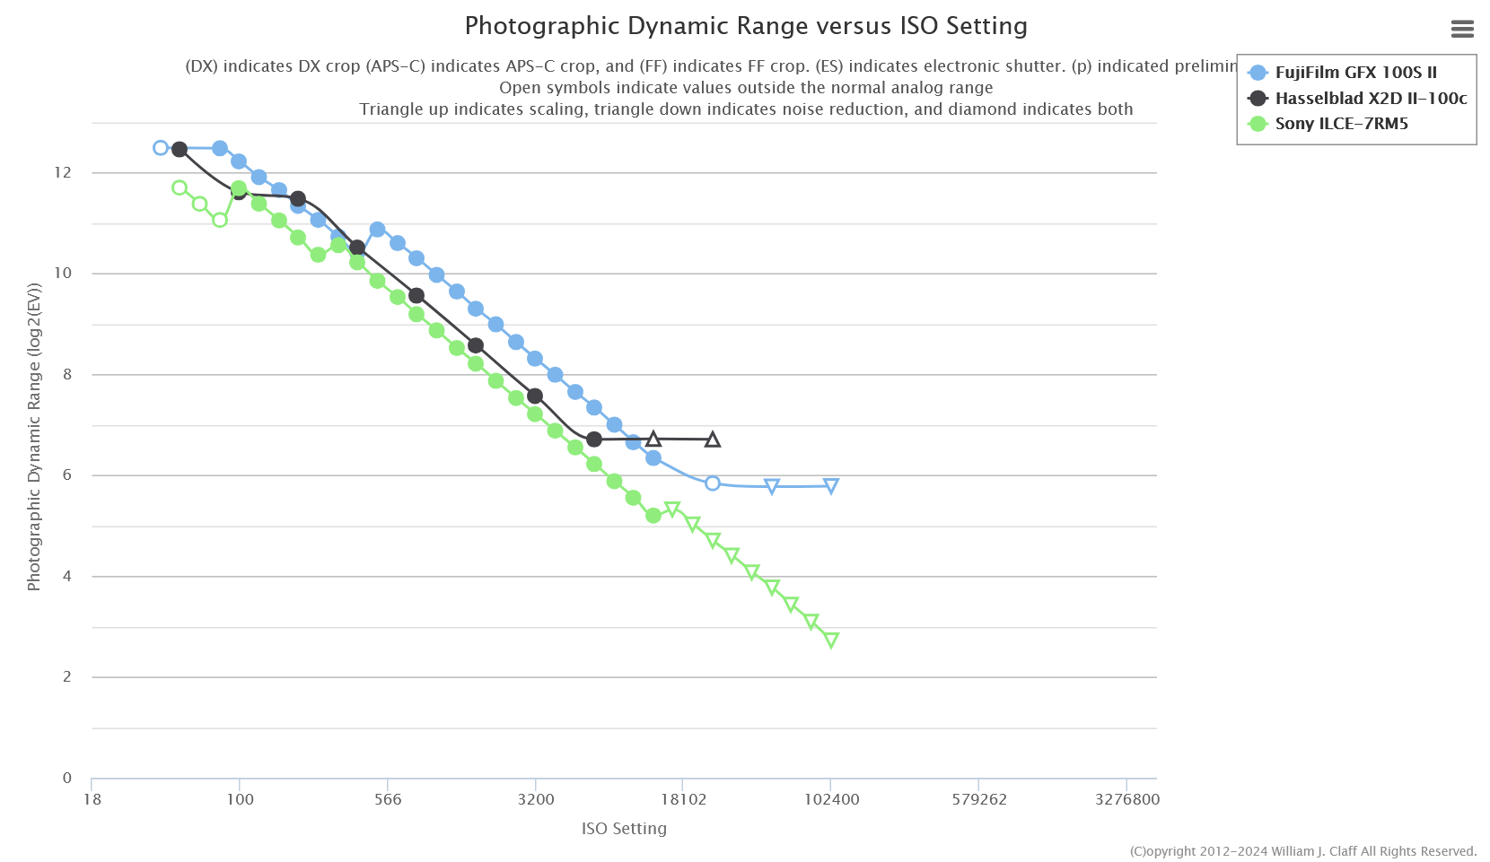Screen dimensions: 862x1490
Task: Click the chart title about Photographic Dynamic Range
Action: click(745, 26)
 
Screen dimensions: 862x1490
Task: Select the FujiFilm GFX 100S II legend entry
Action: click(1354, 73)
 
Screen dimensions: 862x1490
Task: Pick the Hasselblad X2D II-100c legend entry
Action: click(1370, 99)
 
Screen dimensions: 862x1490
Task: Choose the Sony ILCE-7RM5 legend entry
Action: click(1341, 124)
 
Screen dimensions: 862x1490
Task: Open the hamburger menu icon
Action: click(1462, 30)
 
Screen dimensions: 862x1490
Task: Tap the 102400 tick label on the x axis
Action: click(830, 799)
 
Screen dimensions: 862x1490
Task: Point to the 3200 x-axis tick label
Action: click(536, 799)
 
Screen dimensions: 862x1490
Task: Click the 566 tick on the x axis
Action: click(388, 799)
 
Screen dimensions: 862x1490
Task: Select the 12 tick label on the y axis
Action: click(63, 172)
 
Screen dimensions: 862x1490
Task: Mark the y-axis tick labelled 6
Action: click(67, 475)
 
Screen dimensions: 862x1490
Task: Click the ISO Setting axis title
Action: click(624, 829)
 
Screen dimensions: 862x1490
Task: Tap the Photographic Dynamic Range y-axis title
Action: click(34, 437)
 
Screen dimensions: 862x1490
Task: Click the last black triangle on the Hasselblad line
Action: click(713, 440)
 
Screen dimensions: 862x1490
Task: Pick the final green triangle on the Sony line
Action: click(831, 640)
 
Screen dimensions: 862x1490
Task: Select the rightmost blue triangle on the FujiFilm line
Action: click(831, 486)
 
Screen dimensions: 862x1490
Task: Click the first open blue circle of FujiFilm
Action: click(161, 148)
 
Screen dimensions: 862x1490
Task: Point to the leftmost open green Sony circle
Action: click(180, 187)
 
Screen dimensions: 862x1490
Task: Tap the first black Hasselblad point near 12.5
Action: click(180, 149)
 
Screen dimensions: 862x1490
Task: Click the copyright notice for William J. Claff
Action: click(1302, 851)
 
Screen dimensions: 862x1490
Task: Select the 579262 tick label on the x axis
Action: click(979, 799)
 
